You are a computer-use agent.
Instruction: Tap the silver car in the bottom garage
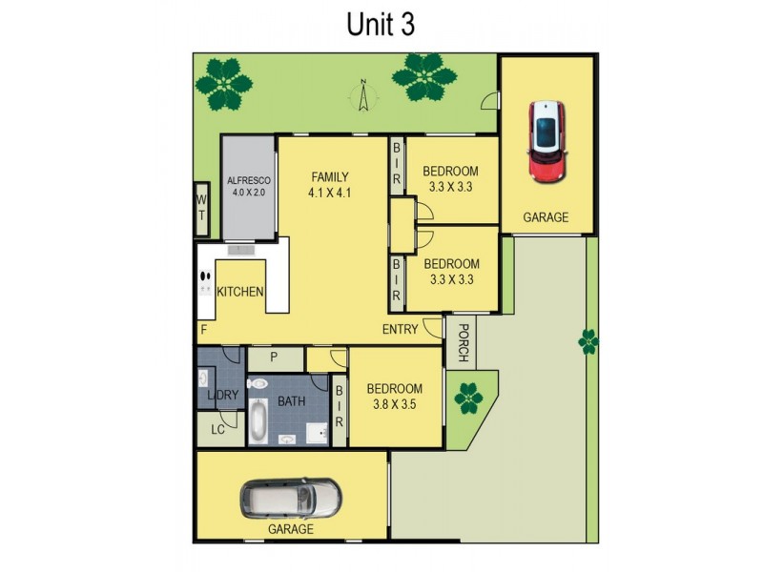(291, 497)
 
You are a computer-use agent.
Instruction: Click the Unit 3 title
(381, 25)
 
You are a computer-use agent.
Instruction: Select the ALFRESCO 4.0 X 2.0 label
(248, 186)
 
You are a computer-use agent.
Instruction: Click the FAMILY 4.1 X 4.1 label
(331, 183)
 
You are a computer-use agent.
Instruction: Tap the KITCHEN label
(240, 292)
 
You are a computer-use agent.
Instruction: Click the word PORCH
(463, 344)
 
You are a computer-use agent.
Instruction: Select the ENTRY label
(400, 329)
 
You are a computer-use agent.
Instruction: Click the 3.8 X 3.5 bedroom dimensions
(395, 404)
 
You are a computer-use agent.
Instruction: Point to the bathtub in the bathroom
(258, 422)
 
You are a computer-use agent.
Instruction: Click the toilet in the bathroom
(256, 383)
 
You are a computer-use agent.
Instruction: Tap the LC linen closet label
(217, 429)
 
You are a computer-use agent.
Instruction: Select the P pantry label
(274, 358)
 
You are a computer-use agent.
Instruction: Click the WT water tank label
(201, 208)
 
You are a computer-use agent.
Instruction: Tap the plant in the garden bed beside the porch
(468, 397)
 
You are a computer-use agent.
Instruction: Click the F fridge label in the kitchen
(203, 330)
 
